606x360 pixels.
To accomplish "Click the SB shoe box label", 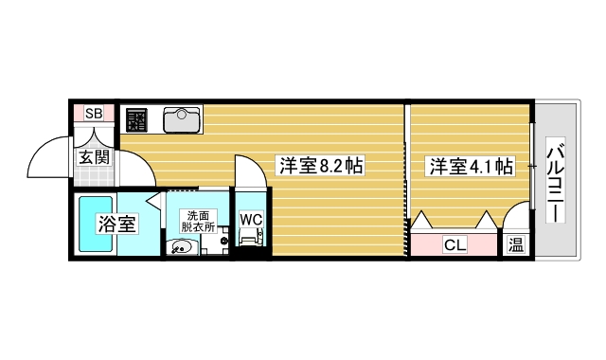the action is [x=93, y=114].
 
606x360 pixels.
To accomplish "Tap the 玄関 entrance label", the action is [x=94, y=157].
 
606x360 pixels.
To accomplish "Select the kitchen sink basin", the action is [x=181, y=119].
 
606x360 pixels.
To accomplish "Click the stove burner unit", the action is [x=136, y=119].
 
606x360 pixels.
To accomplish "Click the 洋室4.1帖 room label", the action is [x=471, y=167].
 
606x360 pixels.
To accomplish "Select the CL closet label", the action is [x=454, y=245].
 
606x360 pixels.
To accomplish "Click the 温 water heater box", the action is [x=515, y=245].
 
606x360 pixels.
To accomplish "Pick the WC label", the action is [x=250, y=219].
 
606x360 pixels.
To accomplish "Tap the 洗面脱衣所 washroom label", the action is [x=197, y=221].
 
